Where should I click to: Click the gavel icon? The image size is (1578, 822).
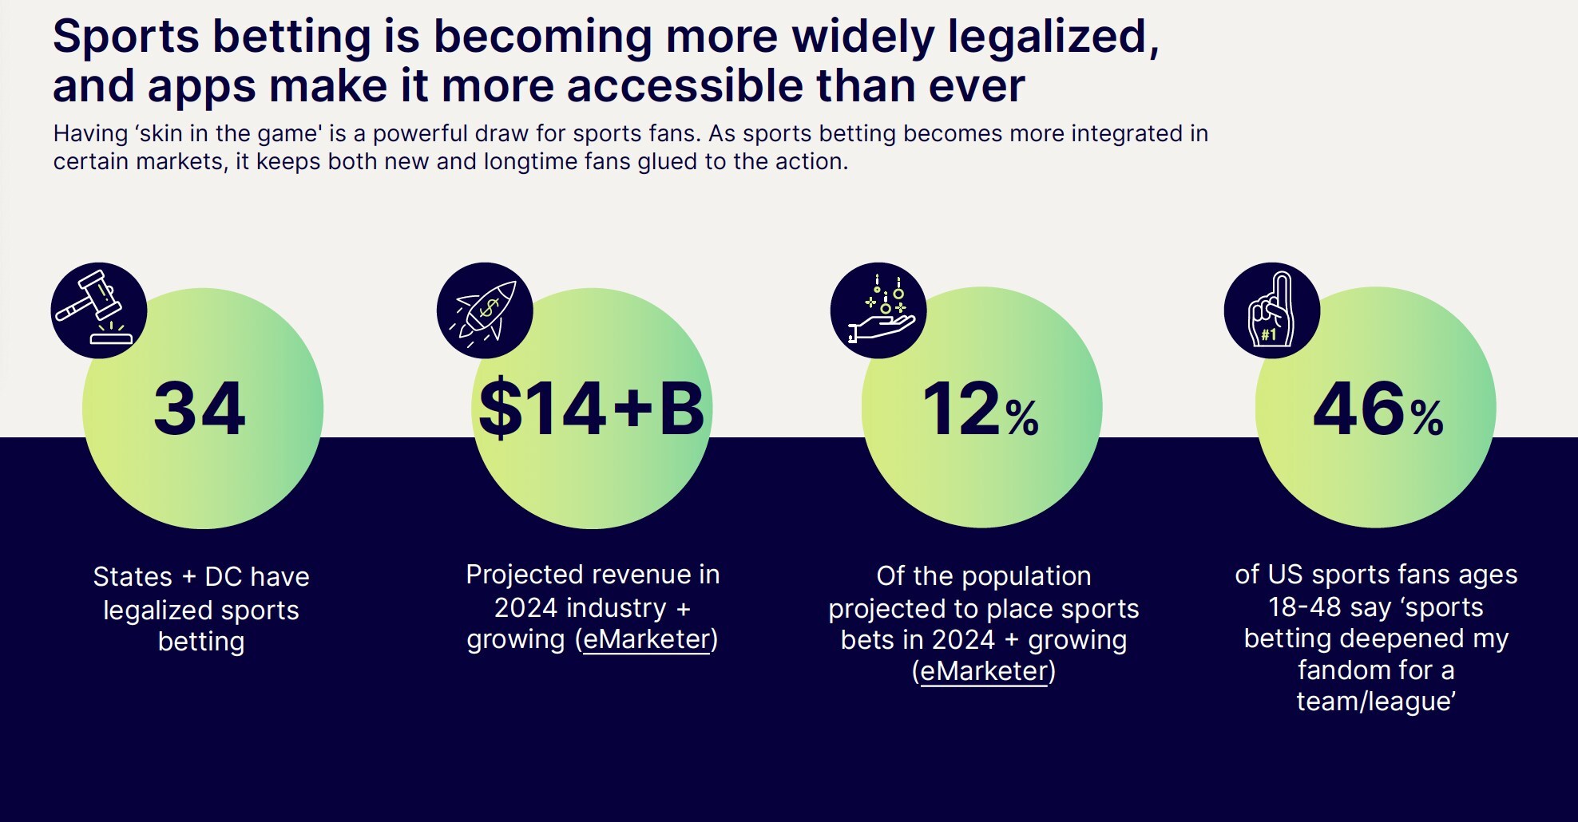coord(98,310)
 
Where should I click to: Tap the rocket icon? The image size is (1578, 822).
coord(485,310)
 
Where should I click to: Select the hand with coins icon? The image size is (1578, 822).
coord(878,310)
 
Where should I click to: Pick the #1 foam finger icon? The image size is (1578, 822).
coord(1271,310)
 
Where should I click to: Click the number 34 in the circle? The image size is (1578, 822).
coord(200,409)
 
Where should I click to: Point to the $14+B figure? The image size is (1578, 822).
coord(591,409)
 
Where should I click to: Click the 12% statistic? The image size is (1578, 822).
coord(981,409)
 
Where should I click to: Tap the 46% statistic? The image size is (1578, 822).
coord(1378,409)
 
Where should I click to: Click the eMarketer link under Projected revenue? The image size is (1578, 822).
coord(646,639)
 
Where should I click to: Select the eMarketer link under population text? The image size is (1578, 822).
coord(984,671)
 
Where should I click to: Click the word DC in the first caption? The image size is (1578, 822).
coord(223,576)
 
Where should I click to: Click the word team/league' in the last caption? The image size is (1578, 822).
coord(1376,701)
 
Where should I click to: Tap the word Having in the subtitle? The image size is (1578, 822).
coord(90,133)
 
